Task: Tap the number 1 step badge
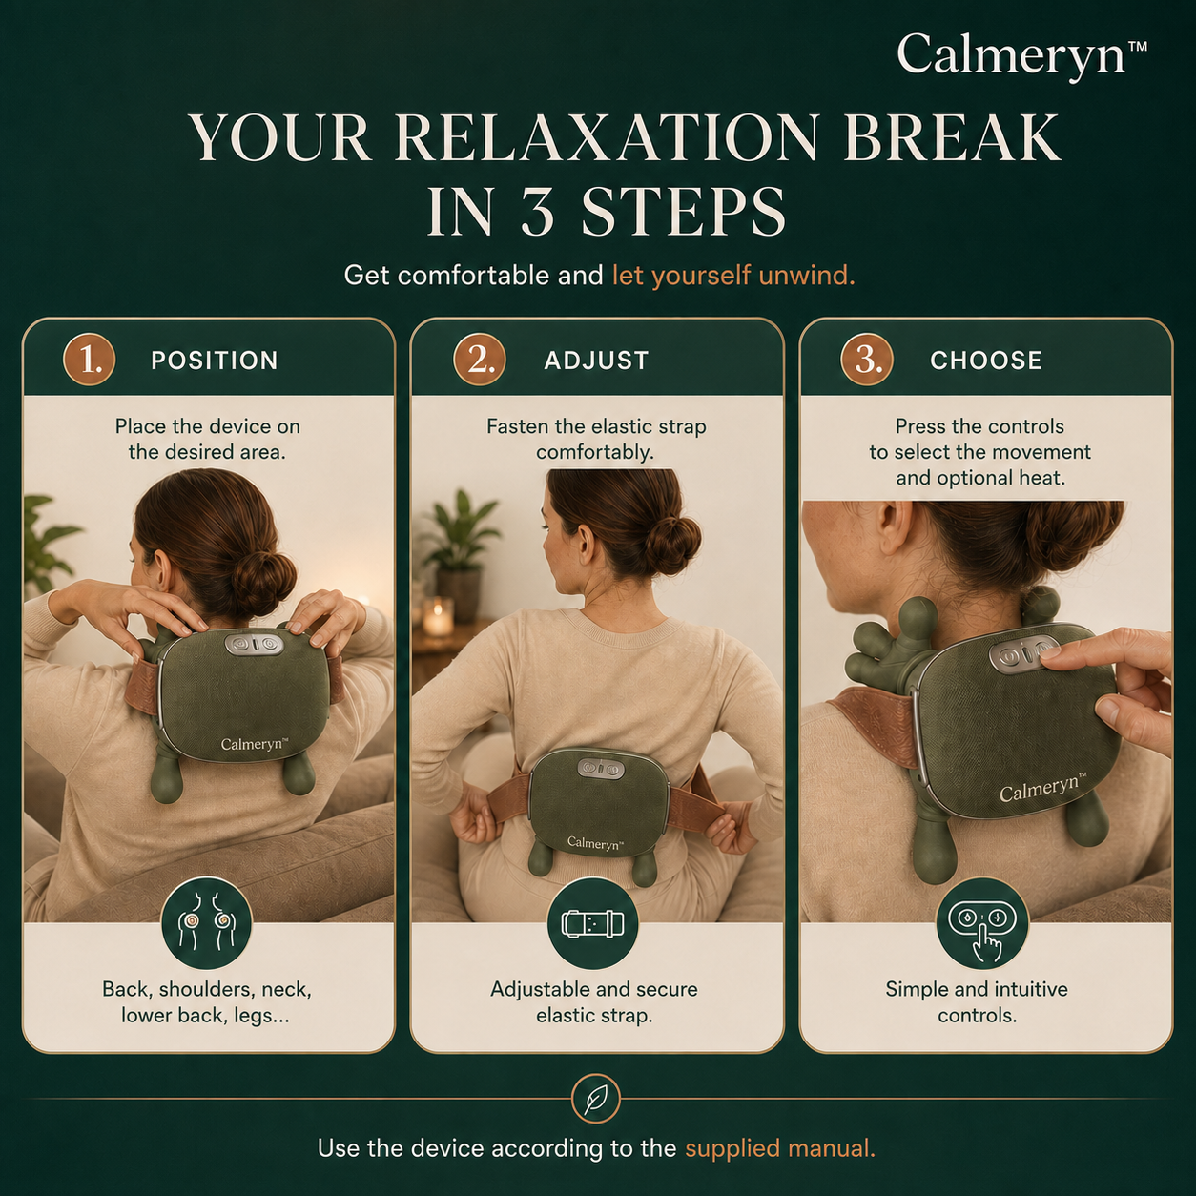point(90,360)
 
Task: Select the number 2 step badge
point(479,360)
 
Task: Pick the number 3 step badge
point(867,360)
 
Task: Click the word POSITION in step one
point(215,361)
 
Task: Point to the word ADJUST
point(596,361)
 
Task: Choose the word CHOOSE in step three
point(985,361)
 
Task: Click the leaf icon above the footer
point(596,1101)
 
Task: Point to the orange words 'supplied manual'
point(780,1148)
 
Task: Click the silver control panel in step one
point(255,644)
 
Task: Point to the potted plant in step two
point(460,547)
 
